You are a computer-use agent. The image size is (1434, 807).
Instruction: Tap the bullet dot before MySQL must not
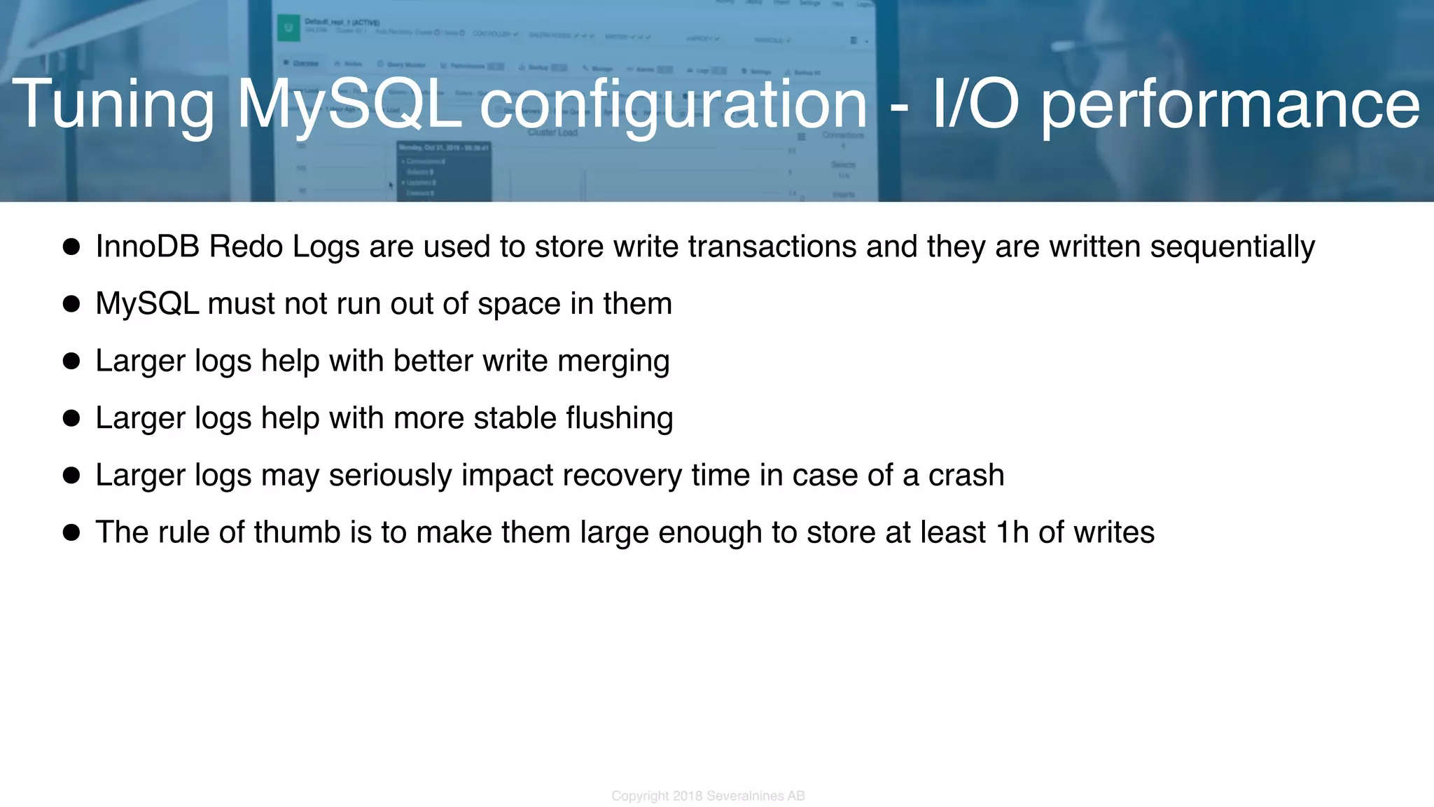[x=71, y=304]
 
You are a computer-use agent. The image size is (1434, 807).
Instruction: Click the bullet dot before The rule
[x=71, y=532]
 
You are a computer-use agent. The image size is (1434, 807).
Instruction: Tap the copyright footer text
[x=708, y=796]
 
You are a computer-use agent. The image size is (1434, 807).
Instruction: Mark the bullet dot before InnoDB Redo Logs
[x=71, y=247]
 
